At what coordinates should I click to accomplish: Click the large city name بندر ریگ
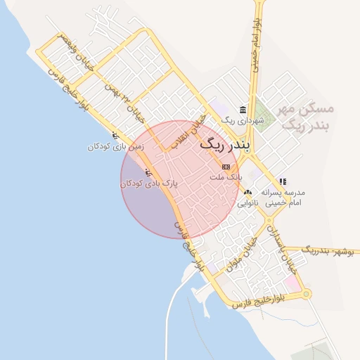coord(226,145)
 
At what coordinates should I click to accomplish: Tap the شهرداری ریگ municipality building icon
coord(243,110)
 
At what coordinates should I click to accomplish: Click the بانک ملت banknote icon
coord(225,167)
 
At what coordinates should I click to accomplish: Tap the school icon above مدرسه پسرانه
coord(283,181)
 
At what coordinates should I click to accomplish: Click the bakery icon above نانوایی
coord(247,191)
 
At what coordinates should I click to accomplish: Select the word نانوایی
coord(246,202)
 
